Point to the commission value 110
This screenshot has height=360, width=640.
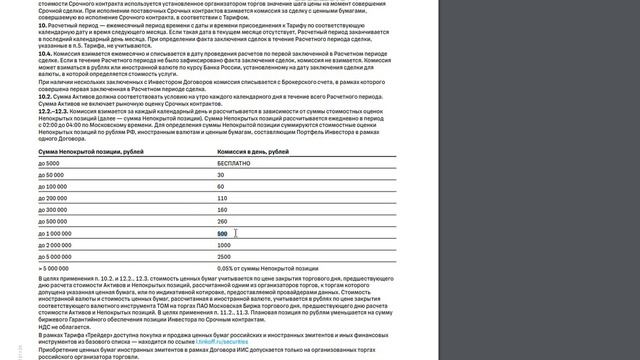(x=222, y=198)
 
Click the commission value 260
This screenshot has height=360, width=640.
(x=222, y=221)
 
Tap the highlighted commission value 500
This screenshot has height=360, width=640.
(x=222, y=233)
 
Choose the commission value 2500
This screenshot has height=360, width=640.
(x=224, y=256)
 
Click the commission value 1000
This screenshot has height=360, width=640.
(x=223, y=245)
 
